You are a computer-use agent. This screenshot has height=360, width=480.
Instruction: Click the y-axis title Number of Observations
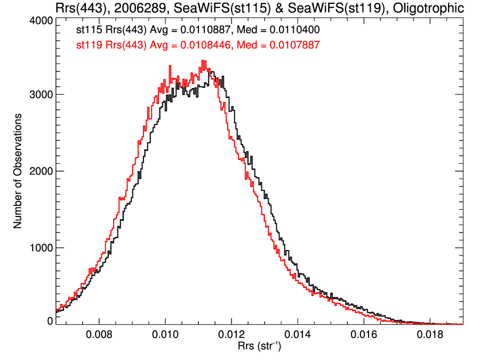tap(18, 171)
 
